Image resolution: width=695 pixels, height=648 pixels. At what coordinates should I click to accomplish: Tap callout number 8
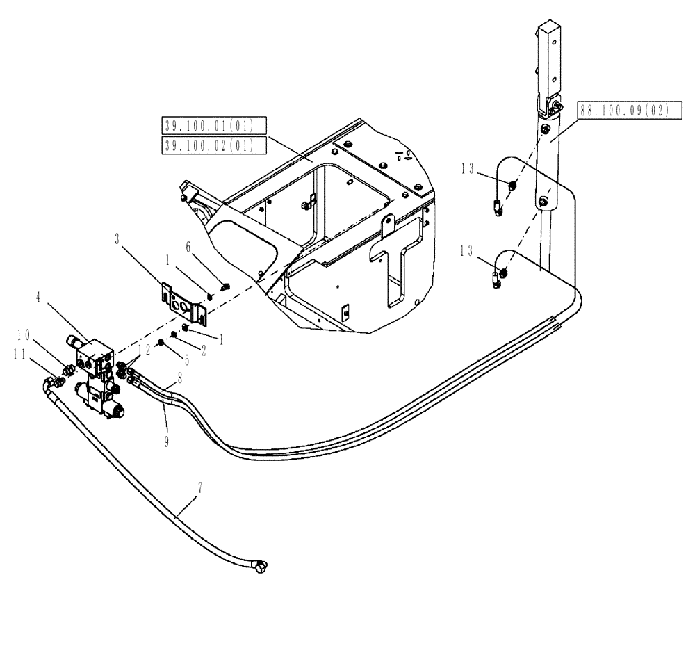(x=180, y=380)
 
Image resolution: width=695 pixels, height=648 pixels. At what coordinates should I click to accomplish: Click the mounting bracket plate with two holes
(x=181, y=303)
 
